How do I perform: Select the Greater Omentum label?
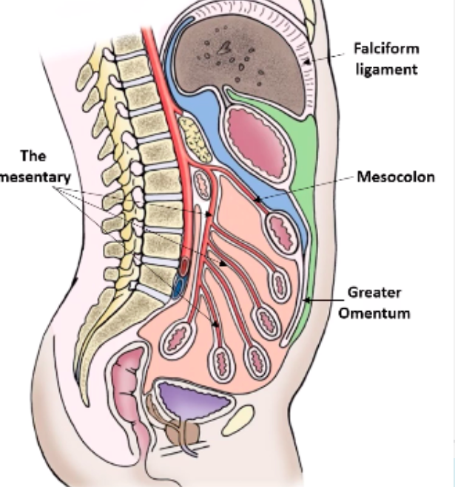pos(375,302)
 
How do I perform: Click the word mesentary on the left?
pos(35,177)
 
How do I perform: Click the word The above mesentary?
pos(33,157)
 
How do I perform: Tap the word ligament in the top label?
pos(396,69)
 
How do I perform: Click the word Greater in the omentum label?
pos(374,293)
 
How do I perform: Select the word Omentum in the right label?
pos(375,313)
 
